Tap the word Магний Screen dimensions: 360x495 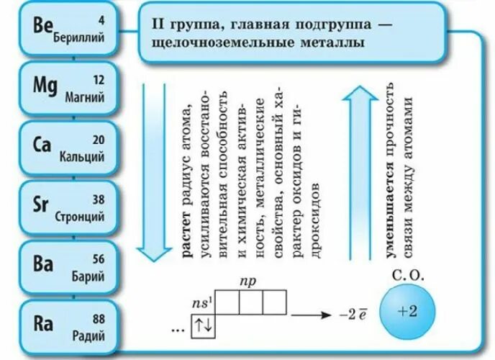[x=84, y=97]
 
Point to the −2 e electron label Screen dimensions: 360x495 [x=353, y=315]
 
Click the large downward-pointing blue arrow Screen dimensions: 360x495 [x=152, y=173]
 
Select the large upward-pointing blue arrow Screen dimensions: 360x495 [x=353, y=173]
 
